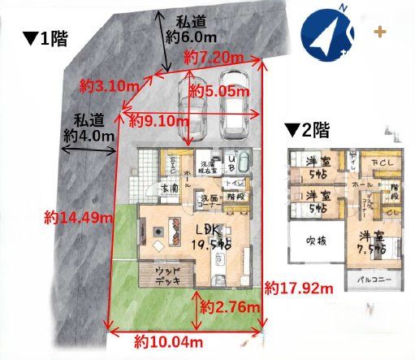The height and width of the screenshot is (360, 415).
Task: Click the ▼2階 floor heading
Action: [307, 129]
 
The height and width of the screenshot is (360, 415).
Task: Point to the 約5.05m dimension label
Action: [218, 91]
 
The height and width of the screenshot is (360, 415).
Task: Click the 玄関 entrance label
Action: [170, 188]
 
